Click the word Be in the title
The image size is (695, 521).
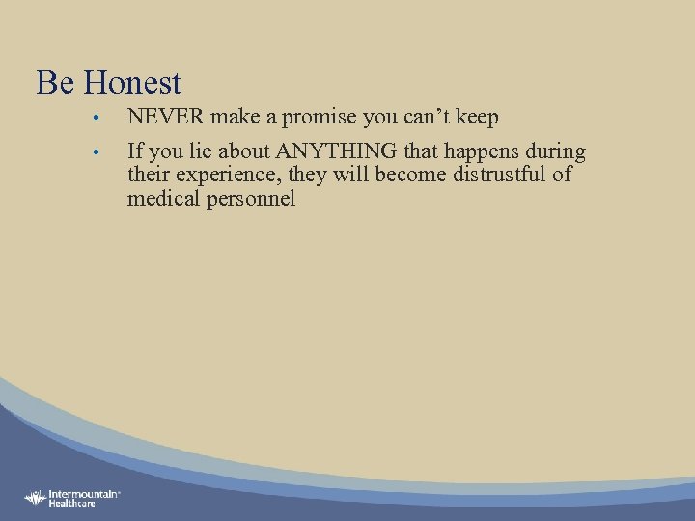[54, 82]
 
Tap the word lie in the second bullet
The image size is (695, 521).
[192, 151]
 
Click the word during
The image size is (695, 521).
[555, 151]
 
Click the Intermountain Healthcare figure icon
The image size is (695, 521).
[35, 497]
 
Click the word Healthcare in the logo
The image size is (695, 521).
[73, 503]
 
